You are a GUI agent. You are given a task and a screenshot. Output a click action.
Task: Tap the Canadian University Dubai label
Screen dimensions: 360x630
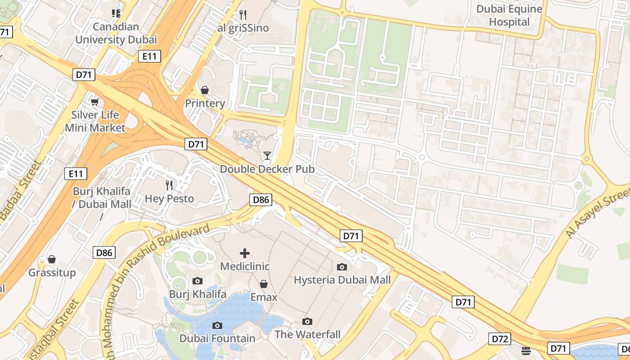click(x=116, y=33)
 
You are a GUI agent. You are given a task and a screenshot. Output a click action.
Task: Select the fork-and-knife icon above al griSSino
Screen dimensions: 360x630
click(x=243, y=15)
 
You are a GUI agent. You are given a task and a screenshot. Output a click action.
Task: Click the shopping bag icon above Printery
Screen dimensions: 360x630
click(x=205, y=90)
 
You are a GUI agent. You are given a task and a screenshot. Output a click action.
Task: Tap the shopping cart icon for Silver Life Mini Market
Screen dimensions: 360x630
click(x=94, y=102)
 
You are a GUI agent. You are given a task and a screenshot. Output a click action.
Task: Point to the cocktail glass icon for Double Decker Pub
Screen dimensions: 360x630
click(x=267, y=156)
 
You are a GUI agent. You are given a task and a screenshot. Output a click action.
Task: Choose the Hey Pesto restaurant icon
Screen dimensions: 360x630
click(x=169, y=185)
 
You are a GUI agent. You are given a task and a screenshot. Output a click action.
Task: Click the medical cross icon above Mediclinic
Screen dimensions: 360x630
click(x=245, y=253)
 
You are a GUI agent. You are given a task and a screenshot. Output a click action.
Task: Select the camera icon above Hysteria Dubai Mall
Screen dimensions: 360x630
click(x=342, y=267)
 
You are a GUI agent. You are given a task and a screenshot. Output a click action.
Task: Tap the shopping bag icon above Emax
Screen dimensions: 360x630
click(x=264, y=284)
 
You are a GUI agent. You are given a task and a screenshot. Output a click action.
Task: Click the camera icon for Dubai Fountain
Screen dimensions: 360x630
click(x=217, y=325)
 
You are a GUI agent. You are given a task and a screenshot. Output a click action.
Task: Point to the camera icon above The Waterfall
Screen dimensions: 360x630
click(x=307, y=321)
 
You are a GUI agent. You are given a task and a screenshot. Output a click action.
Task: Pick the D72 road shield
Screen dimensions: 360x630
click(x=500, y=339)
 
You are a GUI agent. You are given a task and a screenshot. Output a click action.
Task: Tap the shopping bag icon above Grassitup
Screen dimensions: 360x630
click(x=52, y=260)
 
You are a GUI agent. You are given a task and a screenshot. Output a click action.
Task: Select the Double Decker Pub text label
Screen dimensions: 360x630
click(x=267, y=169)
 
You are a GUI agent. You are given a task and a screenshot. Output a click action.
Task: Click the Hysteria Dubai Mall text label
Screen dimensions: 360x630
click(x=342, y=280)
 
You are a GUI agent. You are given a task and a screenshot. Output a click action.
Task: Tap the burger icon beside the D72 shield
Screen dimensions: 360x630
click(x=526, y=350)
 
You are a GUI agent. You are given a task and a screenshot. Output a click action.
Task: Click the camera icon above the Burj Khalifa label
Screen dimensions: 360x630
click(x=197, y=281)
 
